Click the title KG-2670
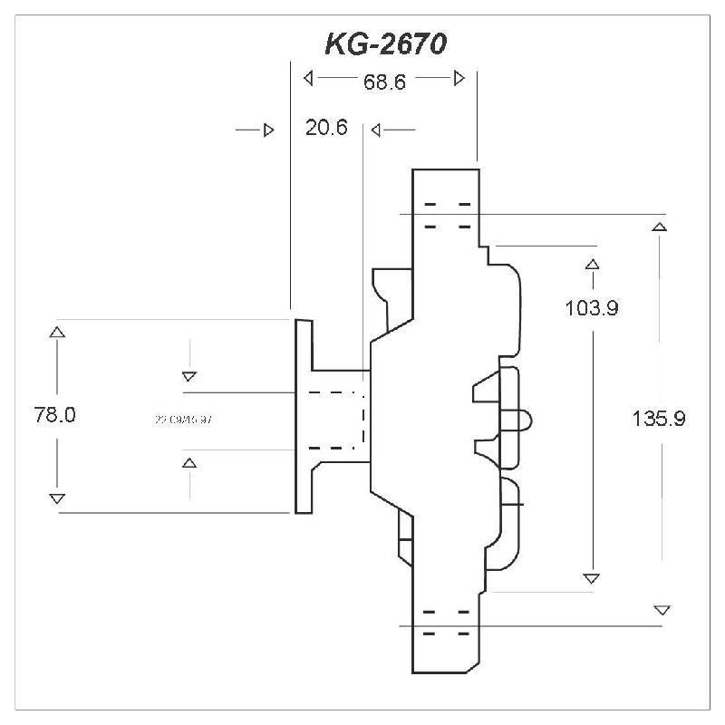pos(384,44)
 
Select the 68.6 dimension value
pos(383,82)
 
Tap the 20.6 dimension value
pos(326,129)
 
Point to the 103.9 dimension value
pos(591,308)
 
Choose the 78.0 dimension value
pos(54,416)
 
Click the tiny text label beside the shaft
pos(184,420)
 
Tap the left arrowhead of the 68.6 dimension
pos(308,78)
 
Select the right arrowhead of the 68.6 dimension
pos(459,78)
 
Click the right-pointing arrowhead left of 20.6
pos(268,130)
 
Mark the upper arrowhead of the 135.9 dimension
pos(660,227)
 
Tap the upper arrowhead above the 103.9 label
pos(593,265)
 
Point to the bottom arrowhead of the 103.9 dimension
pos(592,578)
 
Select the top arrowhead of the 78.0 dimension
pos(57,333)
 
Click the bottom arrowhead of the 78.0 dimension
pos(57,498)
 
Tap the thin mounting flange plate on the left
pos(304,416)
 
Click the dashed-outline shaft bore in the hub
pos(336,420)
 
